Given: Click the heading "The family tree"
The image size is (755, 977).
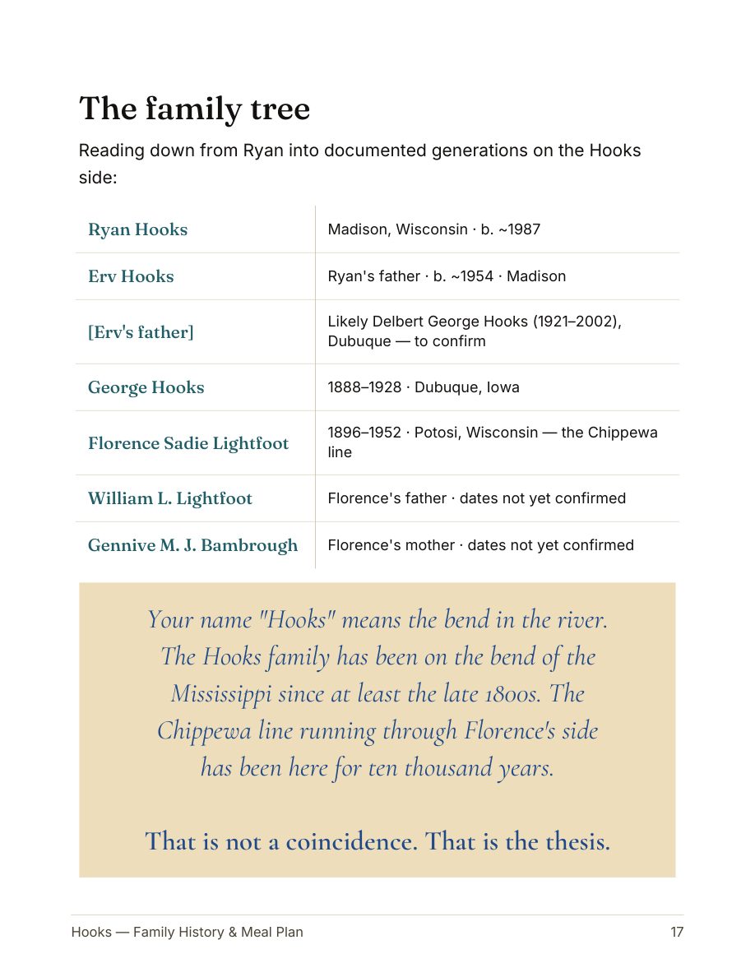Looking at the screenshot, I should (x=194, y=109).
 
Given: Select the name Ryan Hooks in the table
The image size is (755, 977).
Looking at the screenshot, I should (x=137, y=229).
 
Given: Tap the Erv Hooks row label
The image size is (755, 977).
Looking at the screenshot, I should (x=131, y=276).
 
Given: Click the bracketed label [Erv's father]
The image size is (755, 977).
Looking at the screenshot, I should (x=141, y=332).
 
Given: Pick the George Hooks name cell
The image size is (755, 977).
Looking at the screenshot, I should (x=146, y=387).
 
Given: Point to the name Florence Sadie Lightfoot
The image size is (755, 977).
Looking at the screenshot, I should (x=188, y=443).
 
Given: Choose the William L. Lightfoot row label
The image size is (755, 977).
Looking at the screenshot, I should (x=169, y=498).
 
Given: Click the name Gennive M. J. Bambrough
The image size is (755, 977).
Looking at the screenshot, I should (x=192, y=545).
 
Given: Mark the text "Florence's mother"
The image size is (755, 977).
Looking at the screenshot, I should (x=391, y=545).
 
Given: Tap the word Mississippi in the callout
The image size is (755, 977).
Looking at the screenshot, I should (x=220, y=694).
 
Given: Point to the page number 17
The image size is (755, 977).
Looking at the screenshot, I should (x=677, y=933).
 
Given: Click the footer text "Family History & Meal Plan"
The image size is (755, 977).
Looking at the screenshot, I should (x=218, y=933).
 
